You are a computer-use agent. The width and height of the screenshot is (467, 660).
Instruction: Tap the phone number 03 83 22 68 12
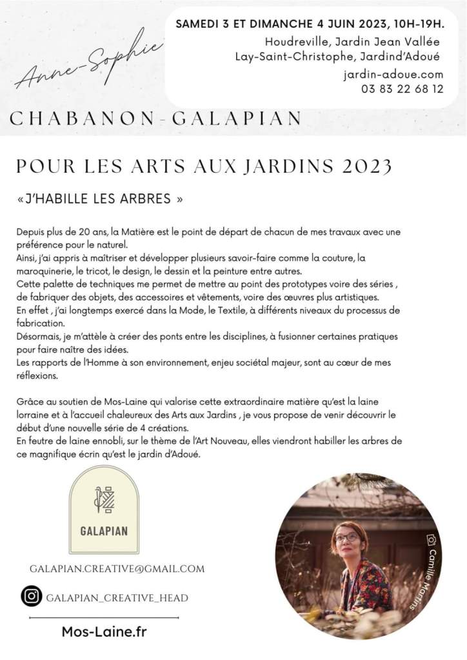(x=402, y=90)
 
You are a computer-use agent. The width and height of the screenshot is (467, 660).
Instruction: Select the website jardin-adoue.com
(x=393, y=75)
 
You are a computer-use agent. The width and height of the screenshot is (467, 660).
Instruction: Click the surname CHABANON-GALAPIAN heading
(x=156, y=118)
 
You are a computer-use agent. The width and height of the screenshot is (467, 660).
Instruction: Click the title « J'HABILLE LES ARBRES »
(x=100, y=199)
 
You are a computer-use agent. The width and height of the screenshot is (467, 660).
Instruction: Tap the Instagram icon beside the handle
(x=30, y=596)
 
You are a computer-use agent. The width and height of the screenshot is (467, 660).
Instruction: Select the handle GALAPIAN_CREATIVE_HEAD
(x=117, y=598)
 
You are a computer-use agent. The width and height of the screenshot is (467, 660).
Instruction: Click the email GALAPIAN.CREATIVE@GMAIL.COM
(x=117, y=568)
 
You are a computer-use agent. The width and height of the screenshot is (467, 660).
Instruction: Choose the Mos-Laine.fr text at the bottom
(x=104, y=632)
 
